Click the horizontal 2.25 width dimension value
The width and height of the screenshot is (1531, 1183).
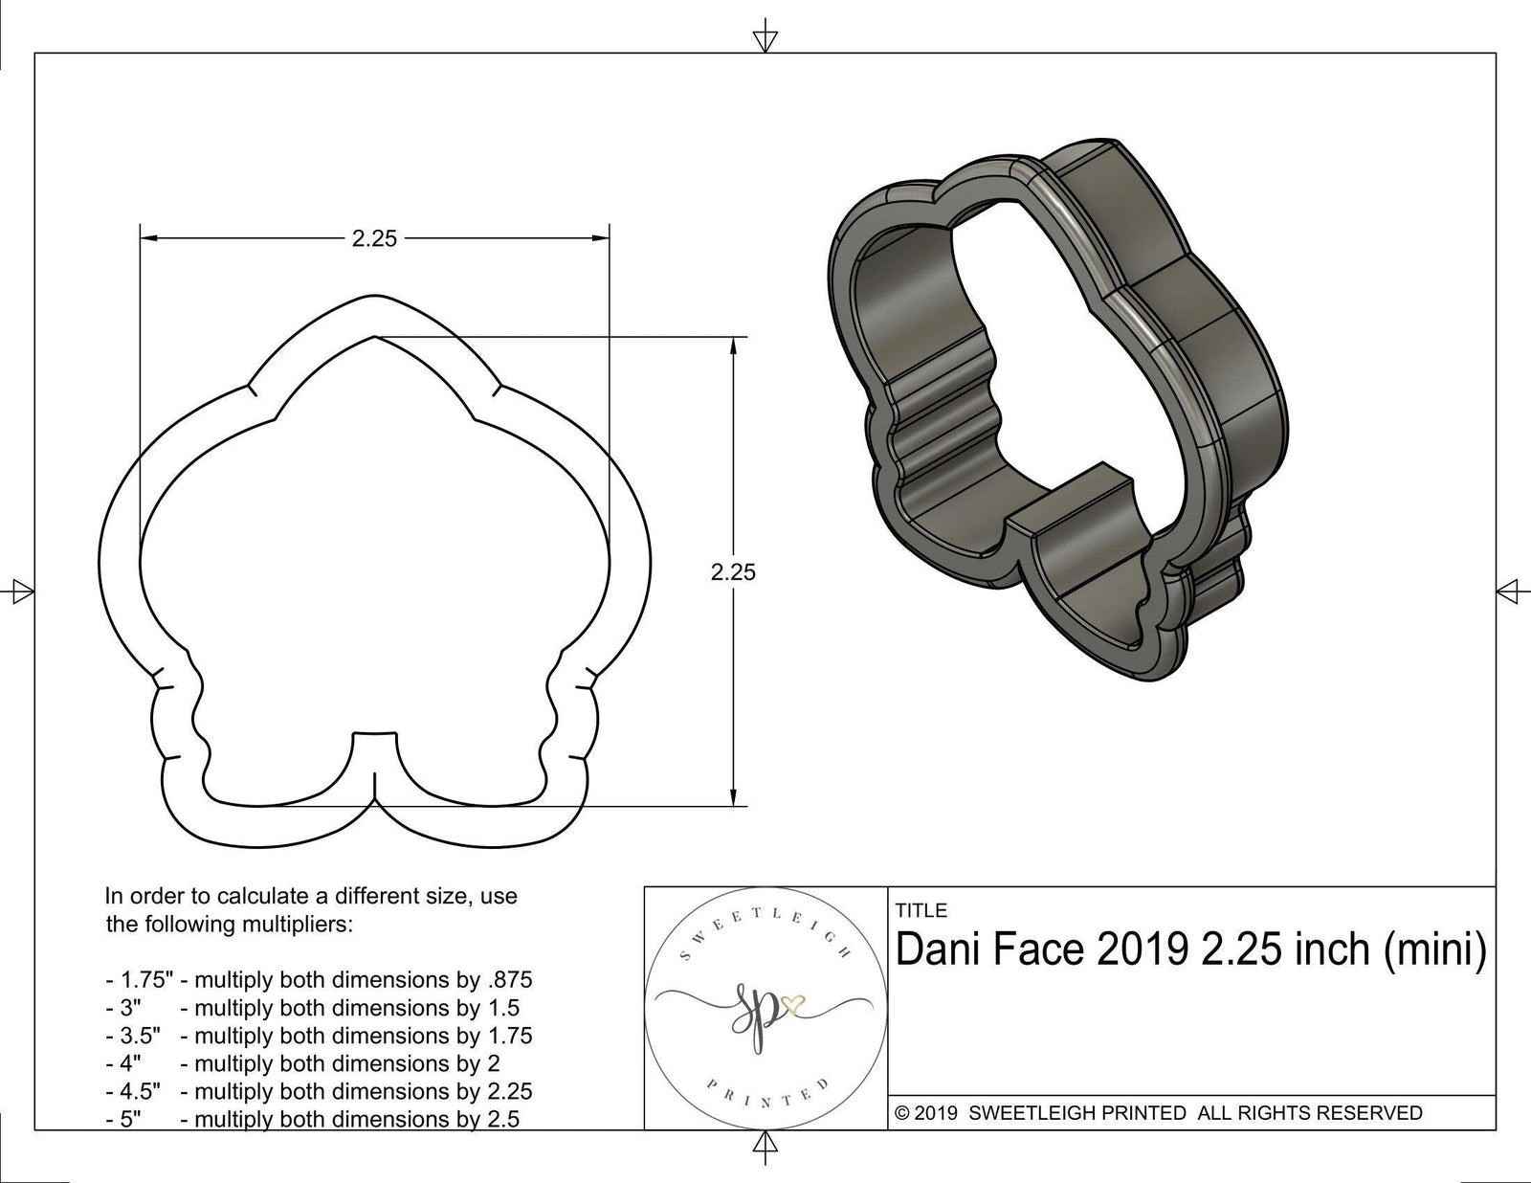click(374, 238)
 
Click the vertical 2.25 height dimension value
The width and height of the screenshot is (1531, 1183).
click(733, 571)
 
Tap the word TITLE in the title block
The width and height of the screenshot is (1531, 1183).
click(921, 910)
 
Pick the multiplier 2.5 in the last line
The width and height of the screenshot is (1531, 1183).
click(503, 1119)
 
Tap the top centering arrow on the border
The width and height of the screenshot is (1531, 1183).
click(765, 38)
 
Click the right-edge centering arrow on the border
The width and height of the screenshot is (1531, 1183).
click(1512, 591)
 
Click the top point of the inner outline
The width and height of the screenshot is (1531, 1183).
click(374, 337)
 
